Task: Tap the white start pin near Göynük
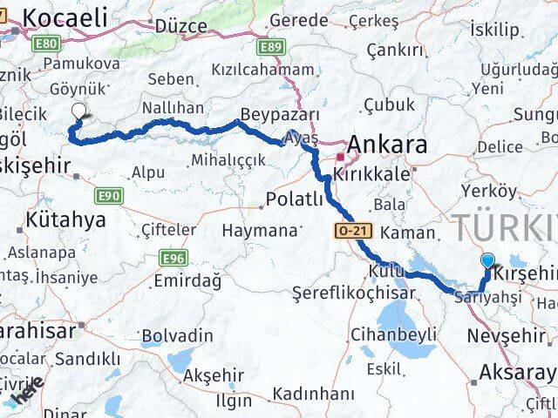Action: [x=79, y=111]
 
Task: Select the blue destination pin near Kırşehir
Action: [x=487, y=260]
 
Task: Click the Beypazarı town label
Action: [x=279, y=116]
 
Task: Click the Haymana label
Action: [x=259, y=232]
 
